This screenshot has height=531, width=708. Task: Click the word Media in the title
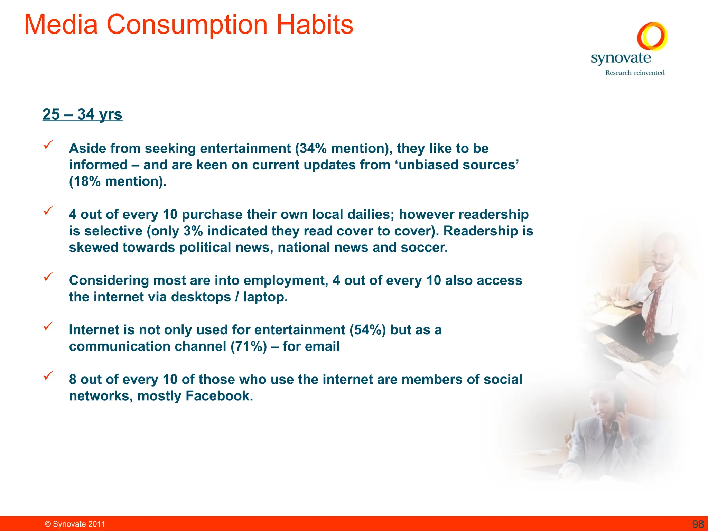61,25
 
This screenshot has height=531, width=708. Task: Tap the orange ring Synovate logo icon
652,36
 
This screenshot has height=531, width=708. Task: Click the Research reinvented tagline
635,73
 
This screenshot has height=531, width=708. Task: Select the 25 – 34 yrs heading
82,114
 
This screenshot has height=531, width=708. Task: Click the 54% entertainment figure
367,330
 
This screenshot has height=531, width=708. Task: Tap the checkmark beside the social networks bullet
48,375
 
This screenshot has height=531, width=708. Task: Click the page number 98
698,524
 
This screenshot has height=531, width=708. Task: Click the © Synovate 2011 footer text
75,524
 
